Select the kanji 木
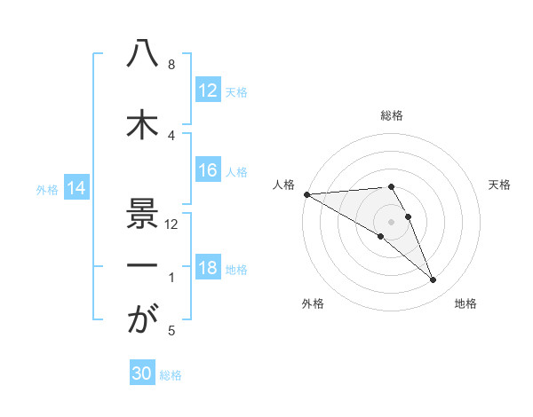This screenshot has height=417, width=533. pyautogui.click(x=142, y=123)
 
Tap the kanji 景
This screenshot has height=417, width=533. pyautogui.click(x=142, y=212)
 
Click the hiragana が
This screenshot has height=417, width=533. pyautogui.click(x=142, y=320)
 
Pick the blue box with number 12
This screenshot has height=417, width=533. pyautogui.click(x=207, y=90)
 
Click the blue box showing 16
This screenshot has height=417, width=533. pyautogui.click(x=207, y=170)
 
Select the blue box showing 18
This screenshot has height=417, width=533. pyautogui.click(x=207, y=268)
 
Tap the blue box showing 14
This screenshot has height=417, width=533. pyautogui.click(x=76, y=188)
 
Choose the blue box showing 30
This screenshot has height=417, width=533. pyautogui.click(x=142, y=374)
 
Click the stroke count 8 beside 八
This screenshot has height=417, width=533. pyautogui.click(x=171, y=65)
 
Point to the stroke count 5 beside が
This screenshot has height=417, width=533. pyautogui.click(x=171, y=331)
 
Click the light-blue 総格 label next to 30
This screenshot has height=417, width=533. pyautogui.click(x=171, y=375)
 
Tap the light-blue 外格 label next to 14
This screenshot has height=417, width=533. pyautogui.click(x=47, y=189)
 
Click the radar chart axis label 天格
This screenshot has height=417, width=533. pyautogui.click(x=500, y=185)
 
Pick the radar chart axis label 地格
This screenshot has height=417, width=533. pyautogui.click(x=465, y=303)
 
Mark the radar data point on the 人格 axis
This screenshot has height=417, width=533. pyautogui.click(x=306, y=194)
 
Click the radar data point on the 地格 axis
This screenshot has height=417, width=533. pyautogui.click(x=433, y=280)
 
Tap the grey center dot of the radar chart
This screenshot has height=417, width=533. pyautogui.click(x=392, y=221)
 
